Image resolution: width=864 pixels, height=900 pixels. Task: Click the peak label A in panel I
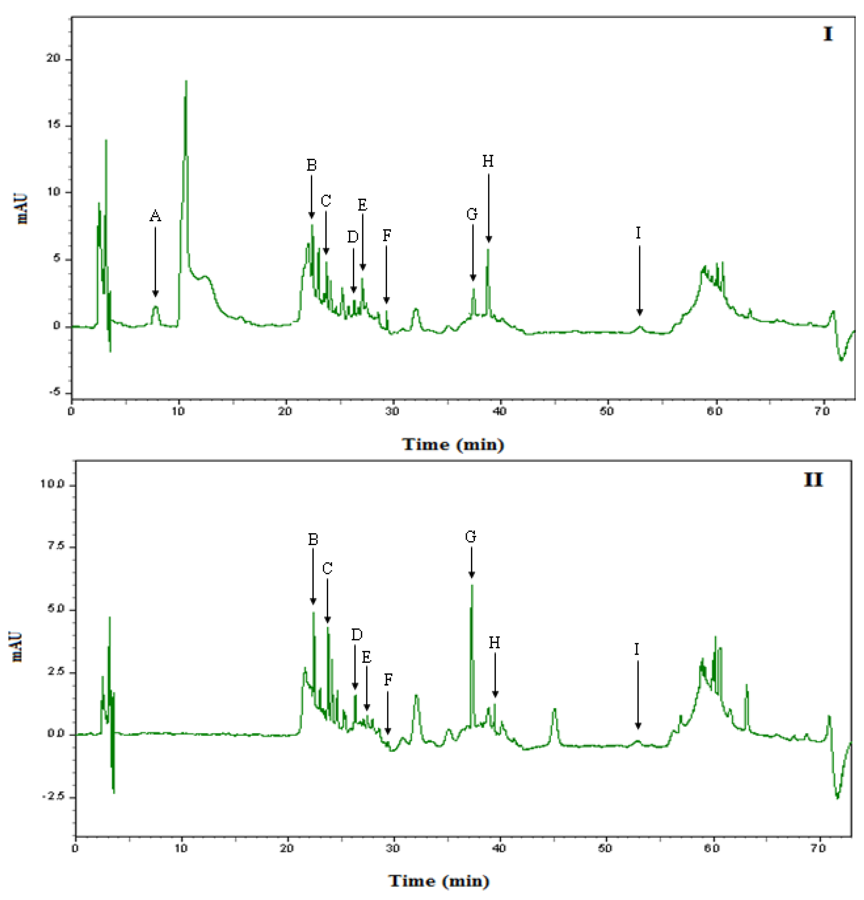[155, 216]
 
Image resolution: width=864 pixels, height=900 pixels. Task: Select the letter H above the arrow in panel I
[488, 162]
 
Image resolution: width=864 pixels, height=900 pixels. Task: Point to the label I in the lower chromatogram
[637, 649]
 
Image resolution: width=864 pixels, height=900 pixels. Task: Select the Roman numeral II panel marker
[813, 480]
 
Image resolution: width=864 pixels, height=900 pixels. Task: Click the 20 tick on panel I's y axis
[53, 59]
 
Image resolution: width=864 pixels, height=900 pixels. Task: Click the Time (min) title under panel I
[453, 444]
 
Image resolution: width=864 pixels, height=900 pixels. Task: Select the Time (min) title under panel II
[439, 881]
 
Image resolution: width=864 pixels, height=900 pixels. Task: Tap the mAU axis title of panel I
[22, 209]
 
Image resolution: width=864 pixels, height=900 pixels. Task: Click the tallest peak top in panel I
[186, 81]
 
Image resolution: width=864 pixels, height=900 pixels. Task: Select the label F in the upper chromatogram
[387, 236]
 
